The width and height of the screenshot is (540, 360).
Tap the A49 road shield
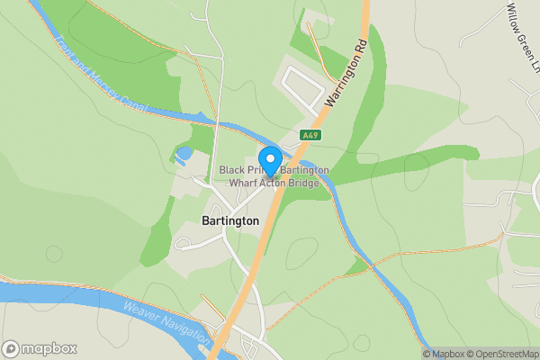(310, 135)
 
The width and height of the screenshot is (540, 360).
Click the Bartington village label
(229, 220)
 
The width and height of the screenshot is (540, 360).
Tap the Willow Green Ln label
(520, 25)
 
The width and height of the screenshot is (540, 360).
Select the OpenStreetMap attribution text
(501, 354)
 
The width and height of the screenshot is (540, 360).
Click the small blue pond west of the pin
(184, 155)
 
